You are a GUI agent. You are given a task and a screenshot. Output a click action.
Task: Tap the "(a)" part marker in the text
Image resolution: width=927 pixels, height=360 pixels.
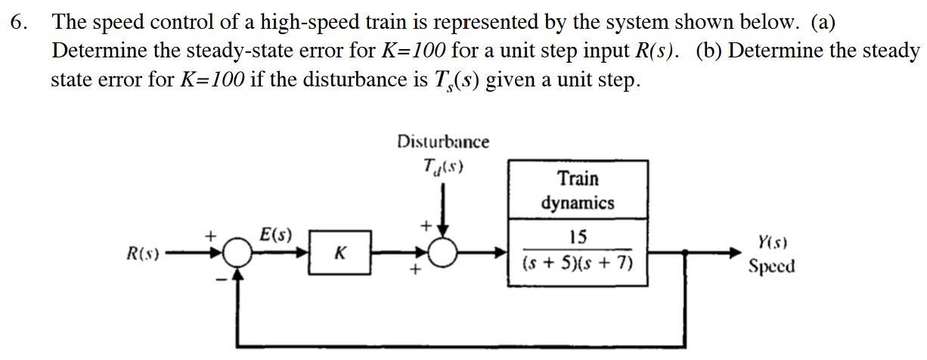(x=823, y=23)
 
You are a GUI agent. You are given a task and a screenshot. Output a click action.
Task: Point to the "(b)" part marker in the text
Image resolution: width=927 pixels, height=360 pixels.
(x=709, y=51)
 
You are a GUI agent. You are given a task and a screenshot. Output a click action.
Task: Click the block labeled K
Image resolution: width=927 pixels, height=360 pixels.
(x=339, y=253)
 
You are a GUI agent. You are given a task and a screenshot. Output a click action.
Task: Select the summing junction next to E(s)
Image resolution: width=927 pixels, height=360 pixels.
(x=239, y=253)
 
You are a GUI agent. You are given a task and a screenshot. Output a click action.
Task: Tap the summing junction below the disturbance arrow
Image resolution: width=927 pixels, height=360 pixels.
(x=444, y=253)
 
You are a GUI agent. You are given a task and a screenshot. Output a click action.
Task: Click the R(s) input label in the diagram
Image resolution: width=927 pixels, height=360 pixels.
(x=143, y=253)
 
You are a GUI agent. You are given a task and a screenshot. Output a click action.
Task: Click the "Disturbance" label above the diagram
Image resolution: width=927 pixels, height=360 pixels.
(x=443, y=141)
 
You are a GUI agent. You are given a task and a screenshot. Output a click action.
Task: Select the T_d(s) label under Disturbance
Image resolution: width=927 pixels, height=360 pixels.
(x=442, y=168)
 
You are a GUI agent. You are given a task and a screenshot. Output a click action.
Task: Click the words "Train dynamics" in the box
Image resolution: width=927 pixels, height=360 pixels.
(x=578, y=191)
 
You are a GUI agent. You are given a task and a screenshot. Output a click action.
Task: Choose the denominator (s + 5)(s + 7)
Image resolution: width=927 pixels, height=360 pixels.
(x=577, y=264)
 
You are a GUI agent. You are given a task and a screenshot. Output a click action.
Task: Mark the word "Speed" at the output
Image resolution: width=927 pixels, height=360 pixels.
(x=771, y=267)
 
